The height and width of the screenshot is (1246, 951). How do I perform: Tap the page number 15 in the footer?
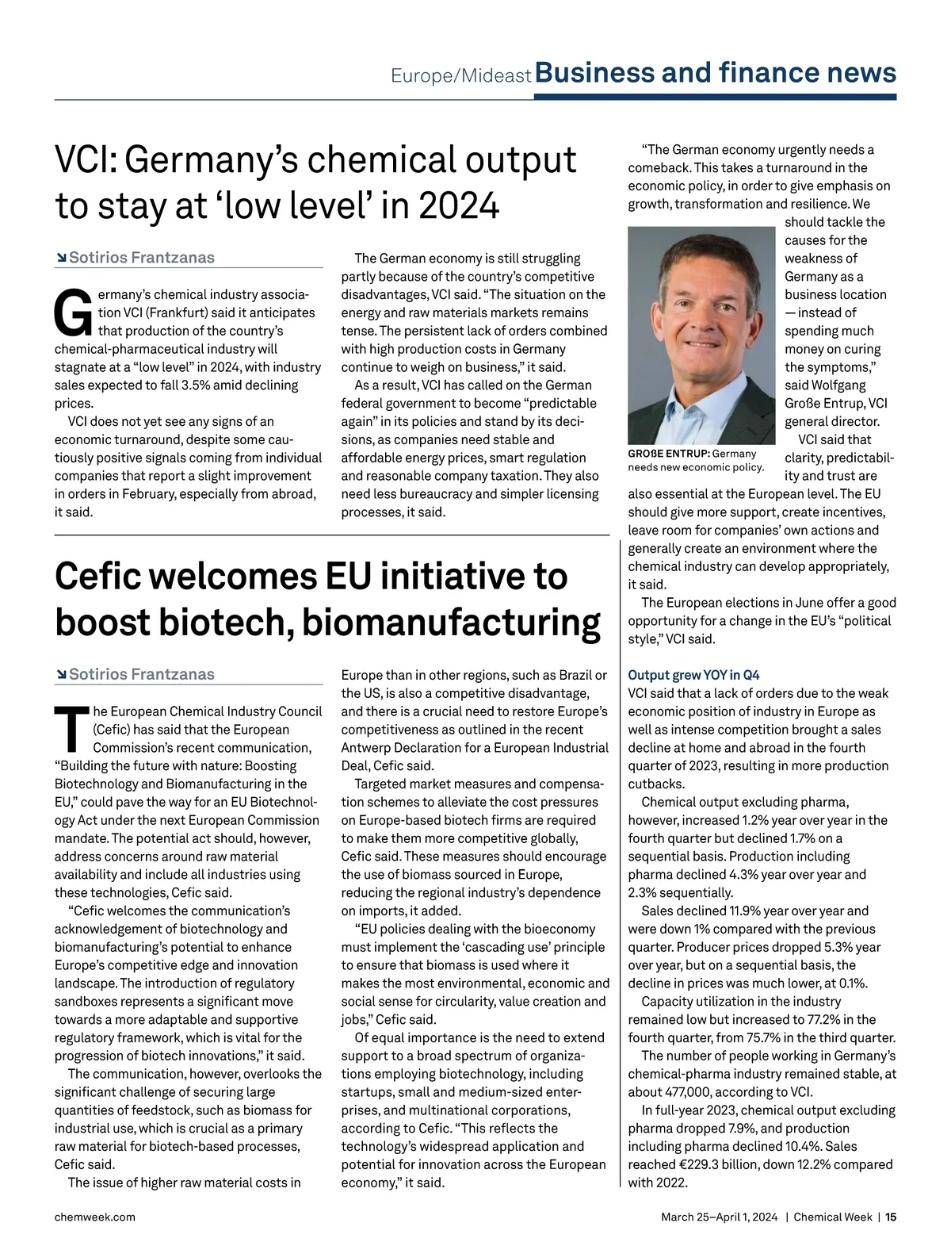pos(891,1217)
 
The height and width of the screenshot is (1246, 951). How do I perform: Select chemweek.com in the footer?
pos(94,1217)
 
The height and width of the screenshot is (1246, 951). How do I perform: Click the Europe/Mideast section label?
pos(460,75)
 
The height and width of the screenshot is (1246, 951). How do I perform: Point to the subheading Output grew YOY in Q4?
pos(693,675)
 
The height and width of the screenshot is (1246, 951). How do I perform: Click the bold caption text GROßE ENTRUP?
pos(667,454)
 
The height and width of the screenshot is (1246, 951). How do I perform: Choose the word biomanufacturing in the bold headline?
pos(451,623)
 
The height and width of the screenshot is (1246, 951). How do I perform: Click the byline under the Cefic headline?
pos(141,674)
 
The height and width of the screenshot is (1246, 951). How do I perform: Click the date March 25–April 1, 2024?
pos(720,1217)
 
